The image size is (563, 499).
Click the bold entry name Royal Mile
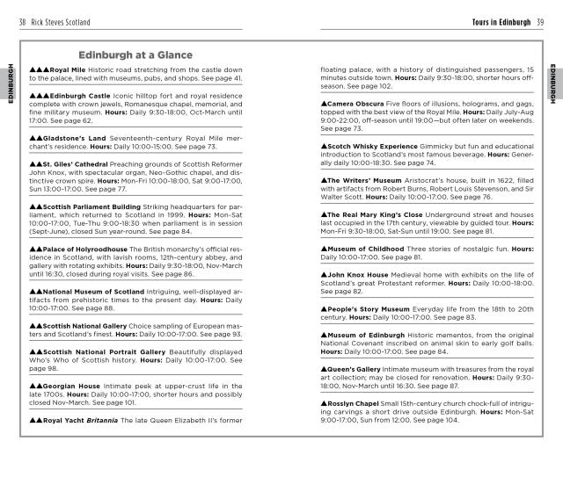click(x=73, y=69)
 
